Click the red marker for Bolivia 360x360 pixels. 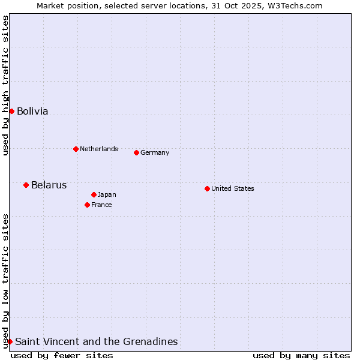(x=11, y=111)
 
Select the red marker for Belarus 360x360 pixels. (x=26, y=185)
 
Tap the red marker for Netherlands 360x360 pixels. (x=76, y=149)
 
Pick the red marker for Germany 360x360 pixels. (x=136, y=152)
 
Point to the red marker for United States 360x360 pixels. (x=207, y=188)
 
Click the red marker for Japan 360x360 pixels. (x=94, y=194)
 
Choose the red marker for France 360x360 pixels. (x=87, y=205)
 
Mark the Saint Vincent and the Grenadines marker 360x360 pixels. (x=10, y=341)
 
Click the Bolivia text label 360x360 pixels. (x=32, y=111)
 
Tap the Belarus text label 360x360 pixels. (x=49, y=185)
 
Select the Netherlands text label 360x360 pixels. (x=99, y=149)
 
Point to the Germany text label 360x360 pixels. (x=155, y=152)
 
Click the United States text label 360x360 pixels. (x=233, y=188)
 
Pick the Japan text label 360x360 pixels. (x=107, y=194)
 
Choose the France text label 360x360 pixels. (x=101, y=205)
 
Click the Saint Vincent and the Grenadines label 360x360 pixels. (x=96, y=341)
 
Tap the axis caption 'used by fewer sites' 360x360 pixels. (x=62, y=355)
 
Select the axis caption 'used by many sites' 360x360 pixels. (x=301, y=355)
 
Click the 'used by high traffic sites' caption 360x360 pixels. (x=5, y=86)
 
